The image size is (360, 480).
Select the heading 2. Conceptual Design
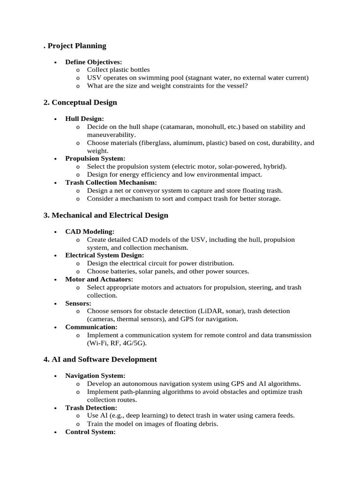coord(80,103)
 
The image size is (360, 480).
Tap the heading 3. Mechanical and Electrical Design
coord(106,216)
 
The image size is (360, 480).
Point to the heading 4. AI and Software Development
coord(100,360)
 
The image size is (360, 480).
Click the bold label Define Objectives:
coord(94,62)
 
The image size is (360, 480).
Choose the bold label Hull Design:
coord(85,119)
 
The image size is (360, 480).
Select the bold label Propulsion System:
coord(95,158)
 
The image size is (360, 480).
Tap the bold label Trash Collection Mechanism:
coord(111,182)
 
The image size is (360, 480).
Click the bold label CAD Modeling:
coord(90,232)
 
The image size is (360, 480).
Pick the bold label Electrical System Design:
coord(105,255)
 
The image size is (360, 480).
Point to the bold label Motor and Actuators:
coord(99,279)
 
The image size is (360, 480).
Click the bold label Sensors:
coord(78,303)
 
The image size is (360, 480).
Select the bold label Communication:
coord(91,327)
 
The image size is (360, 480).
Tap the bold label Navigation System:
coord(95,376)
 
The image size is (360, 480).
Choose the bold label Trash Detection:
coord(91,408)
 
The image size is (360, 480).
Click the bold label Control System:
coord(90,432)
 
